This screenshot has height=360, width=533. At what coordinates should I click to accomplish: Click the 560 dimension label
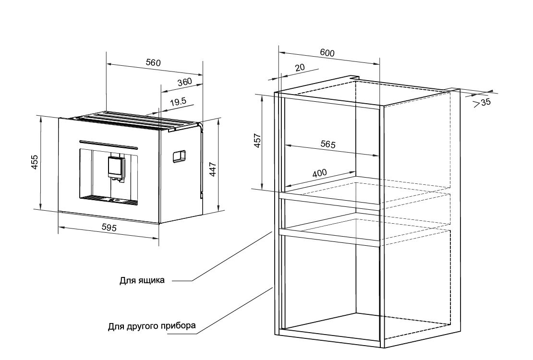[x=153, y=62]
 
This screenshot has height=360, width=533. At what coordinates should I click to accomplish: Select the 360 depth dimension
[x=184, y=82]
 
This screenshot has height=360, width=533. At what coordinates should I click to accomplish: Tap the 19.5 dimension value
[x=178, y=101]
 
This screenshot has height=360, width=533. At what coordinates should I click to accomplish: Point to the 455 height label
[x=34, y=162]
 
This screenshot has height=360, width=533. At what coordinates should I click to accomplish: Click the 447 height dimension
[x=212, y=169]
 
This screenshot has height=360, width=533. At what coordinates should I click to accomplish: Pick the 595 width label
[x=109, y=227]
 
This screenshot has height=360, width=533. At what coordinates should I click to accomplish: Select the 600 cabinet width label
[x=327, y=53]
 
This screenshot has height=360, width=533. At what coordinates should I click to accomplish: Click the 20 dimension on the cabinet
[x=300, y=67]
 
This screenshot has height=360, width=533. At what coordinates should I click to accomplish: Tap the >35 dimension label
[x=483, y=102]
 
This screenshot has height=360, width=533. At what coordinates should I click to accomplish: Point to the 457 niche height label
[x=257, y=141]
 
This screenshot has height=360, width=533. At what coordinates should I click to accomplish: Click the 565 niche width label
[x=328, y=144]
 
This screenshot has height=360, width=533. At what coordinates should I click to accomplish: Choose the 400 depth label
[x=319, y=173]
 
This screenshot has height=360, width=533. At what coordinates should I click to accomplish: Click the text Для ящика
[x=142, y=280]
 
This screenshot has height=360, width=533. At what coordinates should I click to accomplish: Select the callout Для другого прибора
[x=152, y=326]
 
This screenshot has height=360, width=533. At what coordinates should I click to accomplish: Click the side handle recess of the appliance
[x=179, y=156]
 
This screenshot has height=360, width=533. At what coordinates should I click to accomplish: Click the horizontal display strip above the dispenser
[x=108, y=144]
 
